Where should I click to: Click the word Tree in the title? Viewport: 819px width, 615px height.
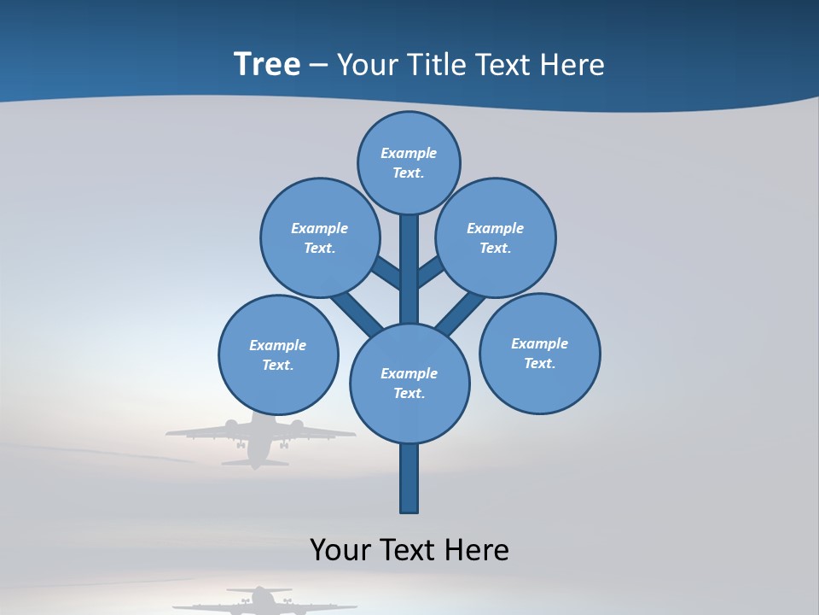[267, 65]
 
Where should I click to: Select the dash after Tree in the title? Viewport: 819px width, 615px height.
[318, 66]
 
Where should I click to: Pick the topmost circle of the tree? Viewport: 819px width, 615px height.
[409, 162]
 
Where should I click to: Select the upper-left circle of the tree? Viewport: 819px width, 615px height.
[320, 237]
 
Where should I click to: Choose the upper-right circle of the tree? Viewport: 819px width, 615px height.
[496, 237]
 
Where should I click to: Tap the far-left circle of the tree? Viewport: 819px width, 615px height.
[278, 354]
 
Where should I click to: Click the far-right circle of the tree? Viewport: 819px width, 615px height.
[540, 353]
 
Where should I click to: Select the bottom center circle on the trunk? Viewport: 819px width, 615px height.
[409, 383]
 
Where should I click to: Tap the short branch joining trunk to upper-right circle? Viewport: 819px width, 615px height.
[431, 272]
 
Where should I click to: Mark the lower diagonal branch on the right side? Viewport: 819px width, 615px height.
[461, 313]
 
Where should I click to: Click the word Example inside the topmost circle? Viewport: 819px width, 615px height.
[409, 154]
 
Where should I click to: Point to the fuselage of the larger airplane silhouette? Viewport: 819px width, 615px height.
[257, 442]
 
